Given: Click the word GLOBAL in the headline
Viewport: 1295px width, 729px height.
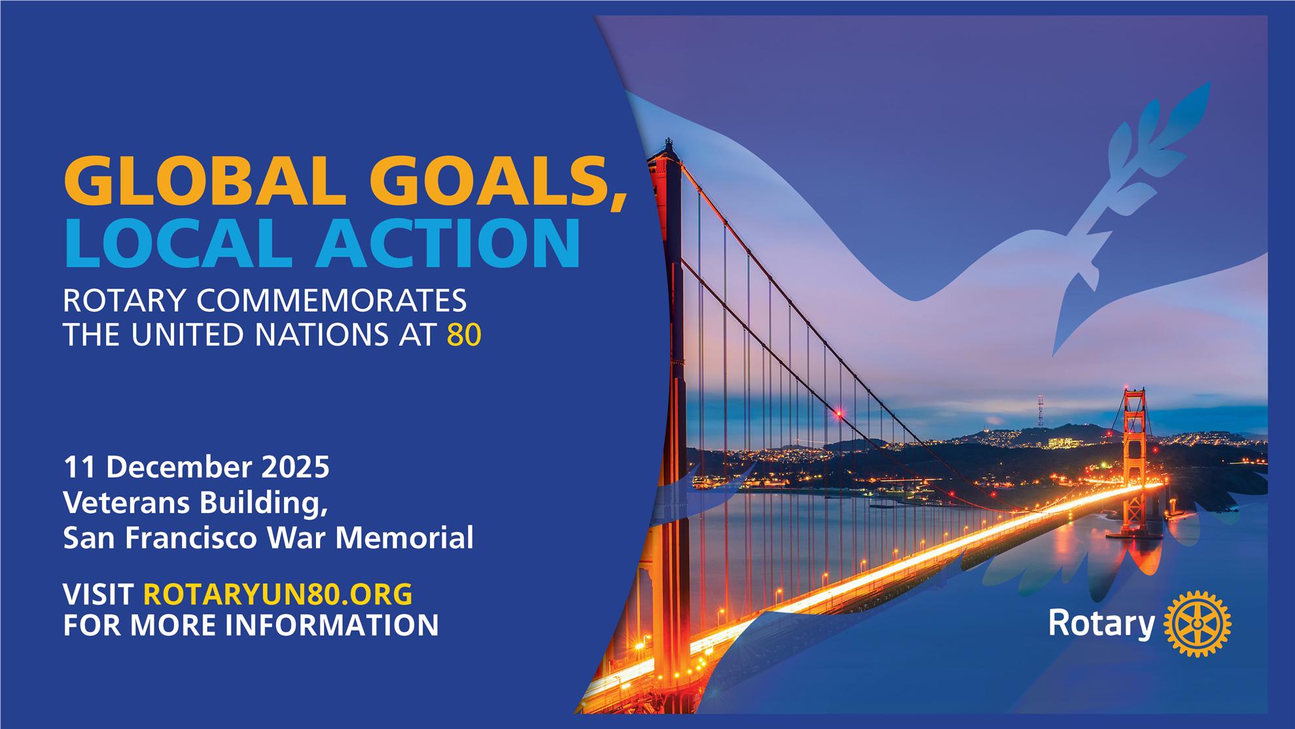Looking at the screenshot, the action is pos(205,181).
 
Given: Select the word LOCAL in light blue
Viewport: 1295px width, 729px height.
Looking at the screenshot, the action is pos(178,243).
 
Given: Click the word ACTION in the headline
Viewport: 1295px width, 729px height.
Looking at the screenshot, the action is pos(448,243).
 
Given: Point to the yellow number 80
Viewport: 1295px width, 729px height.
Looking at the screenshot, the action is pos(464,335).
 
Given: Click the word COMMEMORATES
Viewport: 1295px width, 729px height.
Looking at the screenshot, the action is pos(332,301).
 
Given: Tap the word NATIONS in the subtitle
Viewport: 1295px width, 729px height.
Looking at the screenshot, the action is pos(321,335).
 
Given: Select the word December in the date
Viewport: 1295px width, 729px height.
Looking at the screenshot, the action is pos(179,467).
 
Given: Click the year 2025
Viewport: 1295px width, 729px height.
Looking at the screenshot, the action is pos(295,467).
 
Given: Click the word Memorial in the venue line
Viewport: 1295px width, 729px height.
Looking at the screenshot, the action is pos(404,538).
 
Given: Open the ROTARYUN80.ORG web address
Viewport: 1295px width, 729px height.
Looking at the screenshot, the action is pos(277,594).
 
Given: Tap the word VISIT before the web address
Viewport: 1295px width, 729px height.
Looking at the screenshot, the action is pos(98,594).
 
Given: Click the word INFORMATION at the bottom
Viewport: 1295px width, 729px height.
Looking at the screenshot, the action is pos(332,625).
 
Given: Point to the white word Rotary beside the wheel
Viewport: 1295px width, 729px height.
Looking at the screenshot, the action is pos(1101,623).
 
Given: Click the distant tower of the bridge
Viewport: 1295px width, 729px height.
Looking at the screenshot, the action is pos(1135,461).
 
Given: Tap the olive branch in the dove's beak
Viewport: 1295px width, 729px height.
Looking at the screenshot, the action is pos(1142,164).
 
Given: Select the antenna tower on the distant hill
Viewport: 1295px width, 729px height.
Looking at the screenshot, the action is pos(1040,411).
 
